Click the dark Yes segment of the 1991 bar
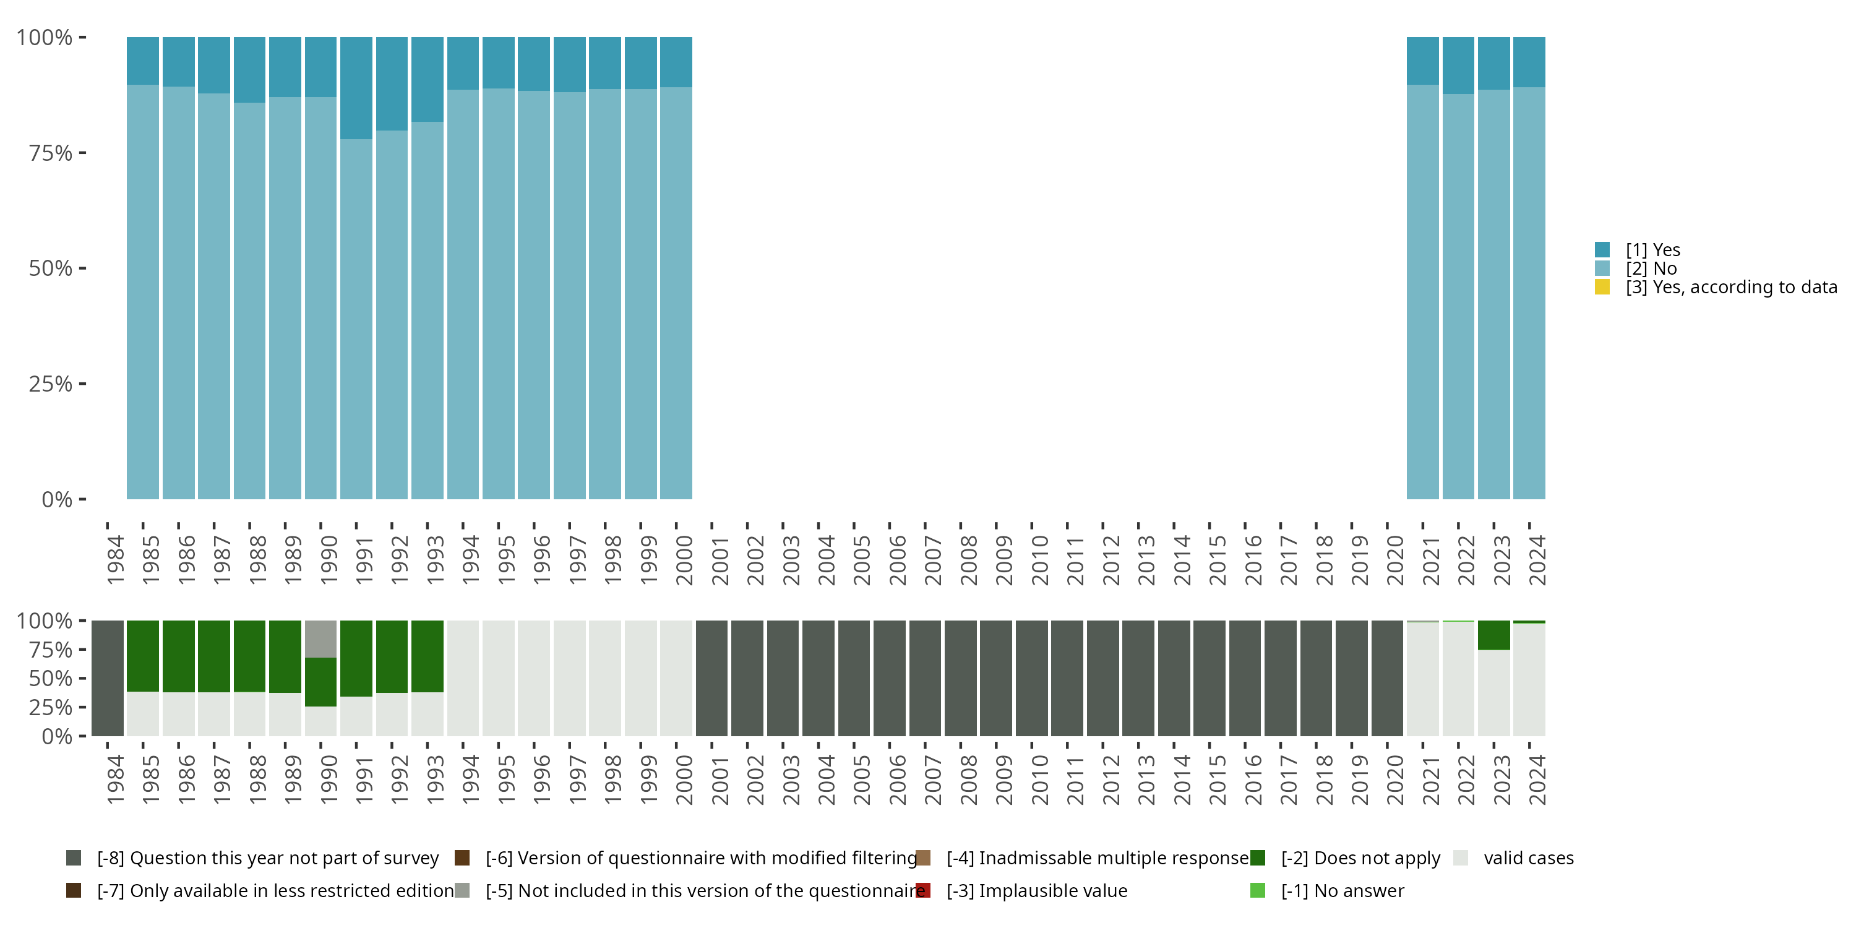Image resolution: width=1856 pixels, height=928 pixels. pos(356,87)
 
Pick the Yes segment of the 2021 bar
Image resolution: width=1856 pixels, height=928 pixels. pos(1423,61)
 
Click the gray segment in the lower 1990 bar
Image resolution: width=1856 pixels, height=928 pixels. pos(320,638)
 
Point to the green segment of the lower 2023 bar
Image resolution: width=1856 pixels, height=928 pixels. pos(1493,635)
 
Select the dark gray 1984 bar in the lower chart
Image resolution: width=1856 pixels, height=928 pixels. pos(108,678)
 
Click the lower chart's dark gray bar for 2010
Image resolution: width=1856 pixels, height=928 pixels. pos(1032,678)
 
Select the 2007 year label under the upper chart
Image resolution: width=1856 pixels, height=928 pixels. pos(933,560)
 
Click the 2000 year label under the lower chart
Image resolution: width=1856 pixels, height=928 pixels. pos(684,780)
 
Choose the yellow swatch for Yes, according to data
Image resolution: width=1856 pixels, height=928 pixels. pos(1602,287)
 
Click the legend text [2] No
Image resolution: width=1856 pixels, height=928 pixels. pos(1651,268)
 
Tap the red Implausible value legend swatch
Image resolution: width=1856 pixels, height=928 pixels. pos(923,890)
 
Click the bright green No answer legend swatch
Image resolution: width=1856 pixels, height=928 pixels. pos(1257,890)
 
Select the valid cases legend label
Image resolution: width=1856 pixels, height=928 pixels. pos(1528,858)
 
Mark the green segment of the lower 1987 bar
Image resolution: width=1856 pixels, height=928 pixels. pos(214,656)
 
